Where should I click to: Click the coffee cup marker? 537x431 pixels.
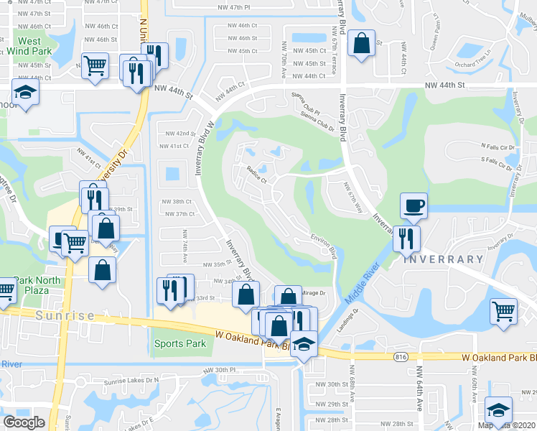tap(414, 206)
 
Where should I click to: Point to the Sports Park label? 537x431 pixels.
tap(180, 344)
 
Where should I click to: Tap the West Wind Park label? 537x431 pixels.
tap(29, 47)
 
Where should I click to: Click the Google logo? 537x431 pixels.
tap(24, 422)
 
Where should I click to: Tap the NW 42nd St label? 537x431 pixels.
tap(180, 134)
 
